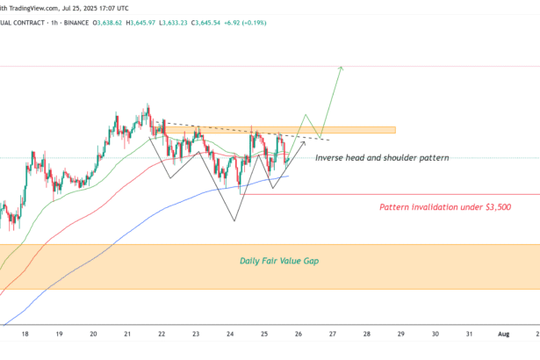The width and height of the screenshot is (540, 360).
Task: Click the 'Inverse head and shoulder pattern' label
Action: tap(382, 157)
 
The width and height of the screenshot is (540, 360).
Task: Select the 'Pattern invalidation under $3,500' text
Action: tap(445, 207)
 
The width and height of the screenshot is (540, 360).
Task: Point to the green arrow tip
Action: tap(341, 68)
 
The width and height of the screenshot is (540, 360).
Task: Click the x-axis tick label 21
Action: tap(127, 335)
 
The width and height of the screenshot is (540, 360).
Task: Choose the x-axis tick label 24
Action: tap(230, 335)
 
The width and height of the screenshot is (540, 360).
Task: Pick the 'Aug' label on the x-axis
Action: tap(504, 335)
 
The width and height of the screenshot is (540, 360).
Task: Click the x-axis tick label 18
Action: tap(25, 335)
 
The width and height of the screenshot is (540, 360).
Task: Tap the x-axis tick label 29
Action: tap(401, 335)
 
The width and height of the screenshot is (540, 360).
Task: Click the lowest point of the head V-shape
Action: tap(234, 220)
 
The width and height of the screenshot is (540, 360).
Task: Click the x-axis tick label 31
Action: tap(470, 335)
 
